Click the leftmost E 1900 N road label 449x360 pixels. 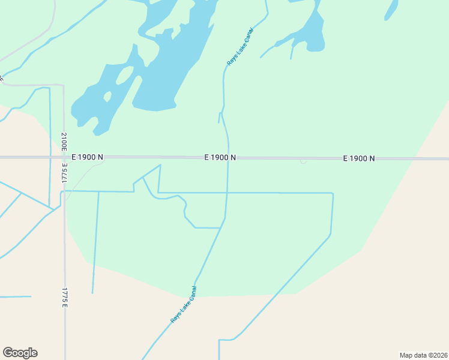pos(87,157)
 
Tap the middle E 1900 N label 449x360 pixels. pos(220,157)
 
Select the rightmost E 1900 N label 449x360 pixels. pos(359,158)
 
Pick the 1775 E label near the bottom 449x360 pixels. pos(64,298)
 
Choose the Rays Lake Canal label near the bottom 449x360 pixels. pos(184,305)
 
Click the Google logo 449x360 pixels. pos(20,353)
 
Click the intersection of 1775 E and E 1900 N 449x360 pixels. pos(64,158)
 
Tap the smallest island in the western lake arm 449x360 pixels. pos(107,96)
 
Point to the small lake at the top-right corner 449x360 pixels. pos(391,9)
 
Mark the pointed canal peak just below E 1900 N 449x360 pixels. pos(160,165)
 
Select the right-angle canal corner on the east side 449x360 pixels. pos(332,194)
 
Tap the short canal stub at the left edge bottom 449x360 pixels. pos(15,296)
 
